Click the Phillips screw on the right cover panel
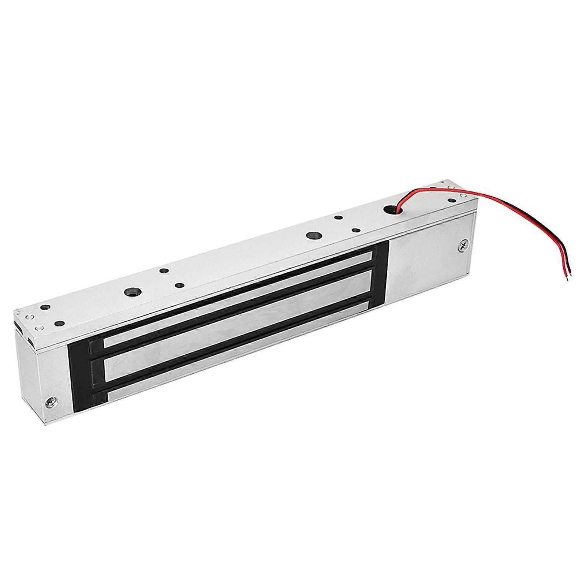coord(462,246)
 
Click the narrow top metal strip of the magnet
coord(238,293)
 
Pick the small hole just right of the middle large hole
coord(355,231)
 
